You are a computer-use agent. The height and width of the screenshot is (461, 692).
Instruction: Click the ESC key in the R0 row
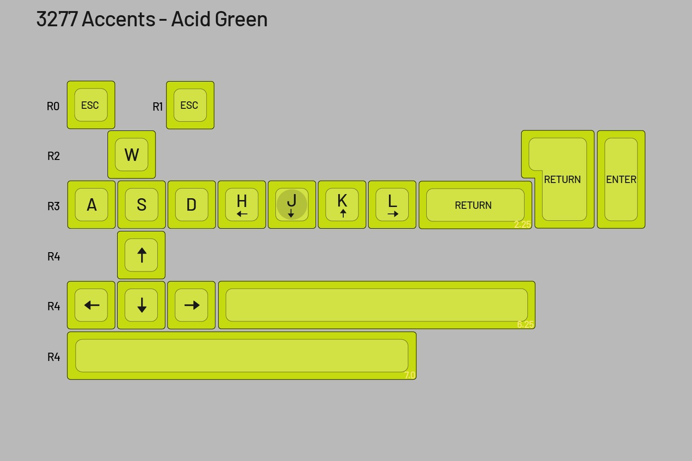(x=91, y=105)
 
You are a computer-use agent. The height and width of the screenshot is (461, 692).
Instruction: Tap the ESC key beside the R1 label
(x=190, y=105)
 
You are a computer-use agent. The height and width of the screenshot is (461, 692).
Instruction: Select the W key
(x=131, y=154)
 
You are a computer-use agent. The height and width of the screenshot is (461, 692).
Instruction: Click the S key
(x=142, y=205)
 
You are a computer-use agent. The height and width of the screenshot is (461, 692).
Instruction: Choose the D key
(x=191, y=205)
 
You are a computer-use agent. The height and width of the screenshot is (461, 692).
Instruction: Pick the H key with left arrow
(x=242, y=205)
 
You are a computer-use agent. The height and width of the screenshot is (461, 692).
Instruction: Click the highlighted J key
(x=292, y=205)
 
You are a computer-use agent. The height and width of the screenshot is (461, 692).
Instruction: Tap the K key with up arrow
(x=342, y=205)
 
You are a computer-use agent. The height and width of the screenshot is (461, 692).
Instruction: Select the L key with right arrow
(x=392, y=205)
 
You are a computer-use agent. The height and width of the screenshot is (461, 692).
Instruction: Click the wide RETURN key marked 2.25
(x=475, y=205)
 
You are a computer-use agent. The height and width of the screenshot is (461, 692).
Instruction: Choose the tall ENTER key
(x=621, y=179)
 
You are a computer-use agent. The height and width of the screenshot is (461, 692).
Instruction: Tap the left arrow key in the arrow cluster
(x=91, y=305)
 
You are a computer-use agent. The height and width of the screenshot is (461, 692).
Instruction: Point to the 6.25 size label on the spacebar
(x=525, y=324)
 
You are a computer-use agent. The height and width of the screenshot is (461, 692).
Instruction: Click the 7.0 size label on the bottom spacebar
(x=410, y=375)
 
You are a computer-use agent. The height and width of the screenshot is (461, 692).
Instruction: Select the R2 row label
(x=54, y=156)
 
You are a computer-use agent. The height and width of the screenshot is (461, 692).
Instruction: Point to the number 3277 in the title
(x=57, y=19)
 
